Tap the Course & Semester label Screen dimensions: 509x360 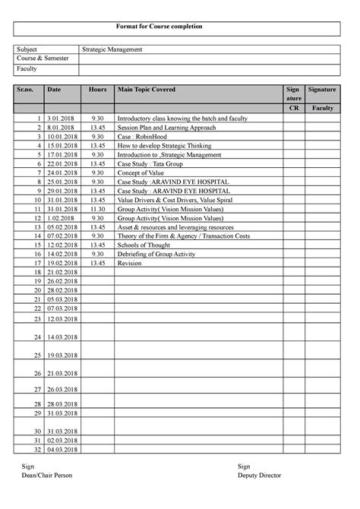click(x=43, y=58)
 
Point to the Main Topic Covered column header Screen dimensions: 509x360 click(x=146, y=90)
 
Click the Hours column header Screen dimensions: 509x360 click(x=96, y=90)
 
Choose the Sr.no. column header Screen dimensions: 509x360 click(x=27, y=90)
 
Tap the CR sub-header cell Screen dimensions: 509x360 click(x=292, y=109)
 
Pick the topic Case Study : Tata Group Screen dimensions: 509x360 click(x=150, y=163)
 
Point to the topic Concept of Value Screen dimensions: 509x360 click(x=141, y=172)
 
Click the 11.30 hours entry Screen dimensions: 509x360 click(x=96, y=208)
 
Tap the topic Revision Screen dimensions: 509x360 click(x=129, y=262)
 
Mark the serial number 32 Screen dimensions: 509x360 click(x=36, y=450)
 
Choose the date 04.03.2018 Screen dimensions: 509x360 click(x=62, y=450)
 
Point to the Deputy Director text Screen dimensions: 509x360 click(x=259, y=475)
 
